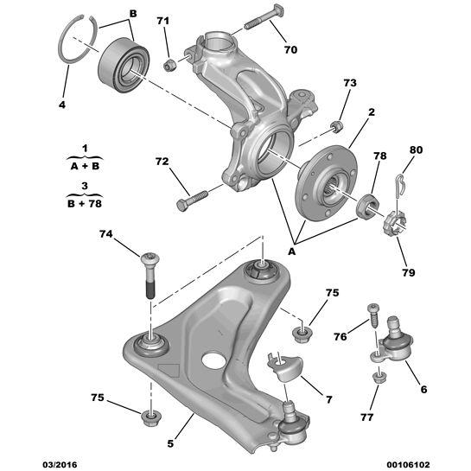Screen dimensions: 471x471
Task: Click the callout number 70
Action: (x=290, y=49)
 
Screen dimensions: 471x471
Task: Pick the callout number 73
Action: (x=349, y=83)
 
